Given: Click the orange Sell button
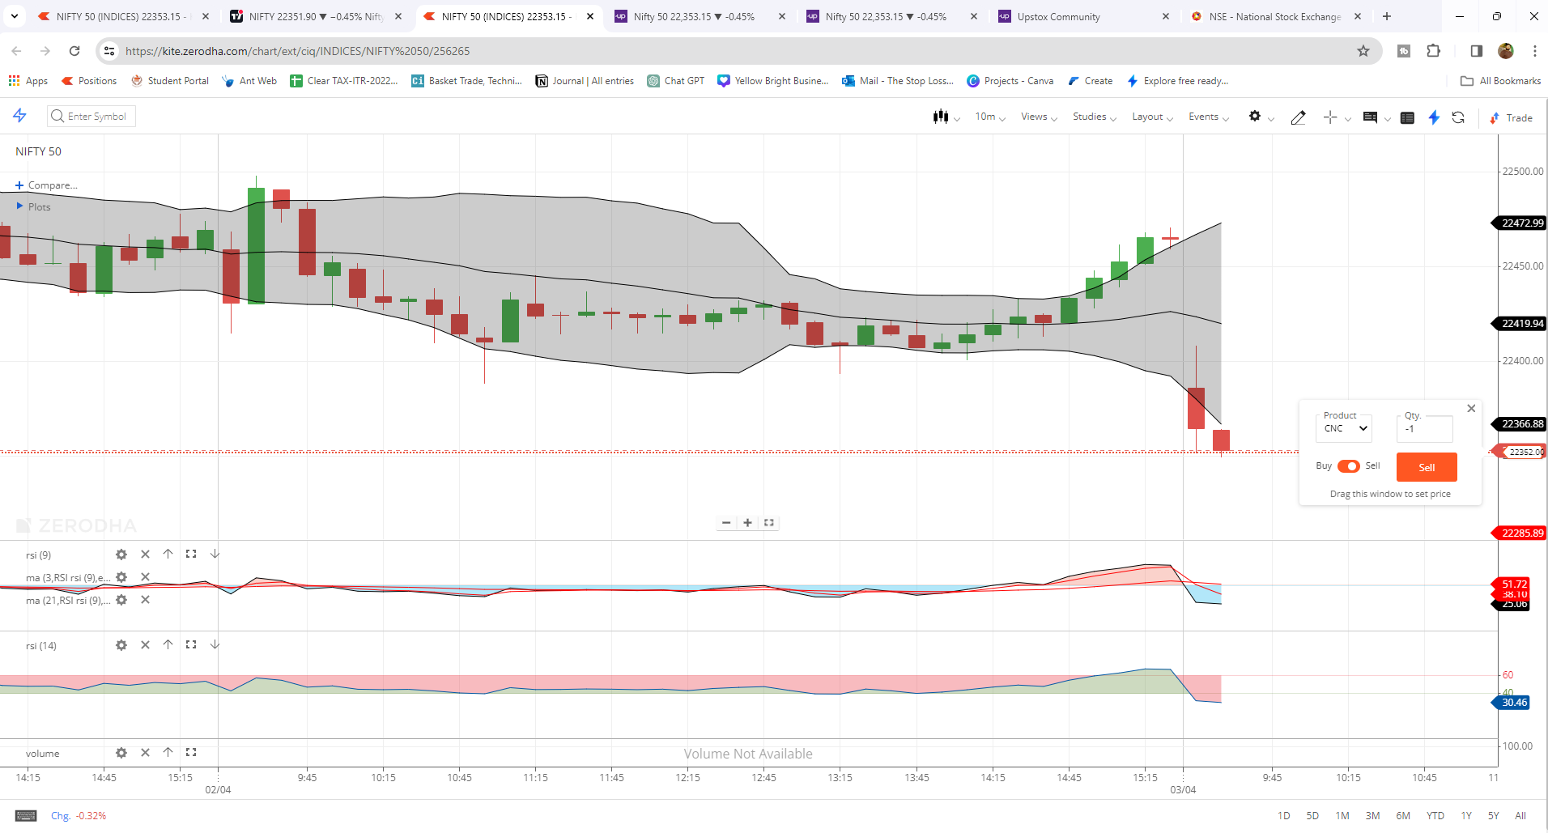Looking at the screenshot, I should click(x=1426, y=467).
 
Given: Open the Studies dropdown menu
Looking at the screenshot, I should click(x=1094, y=117).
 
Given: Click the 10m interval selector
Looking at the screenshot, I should click(x=989, y=117).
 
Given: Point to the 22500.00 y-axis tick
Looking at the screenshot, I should click(x=1522, y=172).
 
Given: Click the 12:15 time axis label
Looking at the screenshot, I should click(x=687, y=778).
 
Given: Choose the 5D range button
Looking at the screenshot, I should click(x=1312, y=816).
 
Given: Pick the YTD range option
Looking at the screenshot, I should click(x=1435, y=816).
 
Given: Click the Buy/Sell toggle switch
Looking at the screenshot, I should click(x=1348, y=466).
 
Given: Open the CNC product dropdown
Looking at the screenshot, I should click(x=1346, y=429).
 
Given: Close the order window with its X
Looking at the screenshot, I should click(x=1471, y=409).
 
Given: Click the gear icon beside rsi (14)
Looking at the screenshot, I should click(x=121, y=645).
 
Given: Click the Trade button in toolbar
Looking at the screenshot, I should click(x=1512, y=118).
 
